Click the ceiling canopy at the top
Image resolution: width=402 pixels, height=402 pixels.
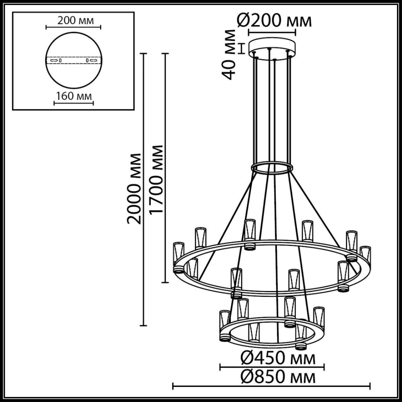(x=272, y=47)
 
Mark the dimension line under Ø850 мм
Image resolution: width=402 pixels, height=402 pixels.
(x=271, y=386)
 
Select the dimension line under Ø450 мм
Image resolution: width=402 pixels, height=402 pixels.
(x=272, y=367)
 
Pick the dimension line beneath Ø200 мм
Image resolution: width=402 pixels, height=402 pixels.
(x=272, y=32)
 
